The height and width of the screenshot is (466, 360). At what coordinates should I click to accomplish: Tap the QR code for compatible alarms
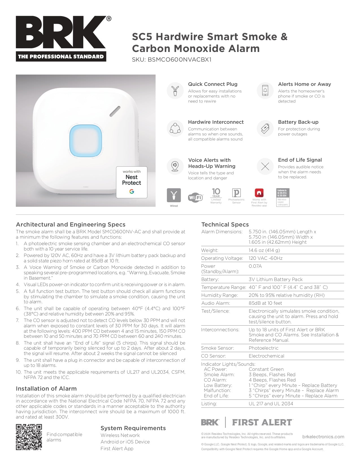[x=29, y=437]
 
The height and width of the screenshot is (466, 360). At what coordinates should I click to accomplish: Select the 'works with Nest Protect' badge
[x=132, y=182]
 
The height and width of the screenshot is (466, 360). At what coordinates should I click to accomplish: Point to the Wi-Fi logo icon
[x=195, y=197]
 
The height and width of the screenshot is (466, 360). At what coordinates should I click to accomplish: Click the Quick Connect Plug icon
[x=175, y=91]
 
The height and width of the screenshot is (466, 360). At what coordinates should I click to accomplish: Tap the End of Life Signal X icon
[x=265, y=166]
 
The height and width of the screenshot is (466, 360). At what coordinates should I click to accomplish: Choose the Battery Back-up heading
[x=298, y=122]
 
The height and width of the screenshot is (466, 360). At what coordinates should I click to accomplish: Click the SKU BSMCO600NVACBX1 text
[x=172, y=60]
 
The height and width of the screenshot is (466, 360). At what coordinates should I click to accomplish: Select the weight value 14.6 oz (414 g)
[x=264, y=250]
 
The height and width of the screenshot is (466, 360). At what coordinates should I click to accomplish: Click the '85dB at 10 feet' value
[x=265, y=303]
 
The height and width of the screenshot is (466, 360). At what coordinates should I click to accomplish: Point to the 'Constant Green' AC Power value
[x=266, y=369]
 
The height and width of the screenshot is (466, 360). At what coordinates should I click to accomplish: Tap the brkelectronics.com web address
[x=323, y=437]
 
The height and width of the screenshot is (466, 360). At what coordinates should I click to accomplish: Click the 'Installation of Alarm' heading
[x=46, y=389]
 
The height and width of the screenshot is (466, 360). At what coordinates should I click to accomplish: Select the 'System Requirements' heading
[x=133, y=428]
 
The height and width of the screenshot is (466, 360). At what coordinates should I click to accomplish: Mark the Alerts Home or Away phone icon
[x=265, y=91]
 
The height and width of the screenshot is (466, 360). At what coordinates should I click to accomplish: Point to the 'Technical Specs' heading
[x=225, y=225]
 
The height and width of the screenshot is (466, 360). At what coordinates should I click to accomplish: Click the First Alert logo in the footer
[x=262, y=423]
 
